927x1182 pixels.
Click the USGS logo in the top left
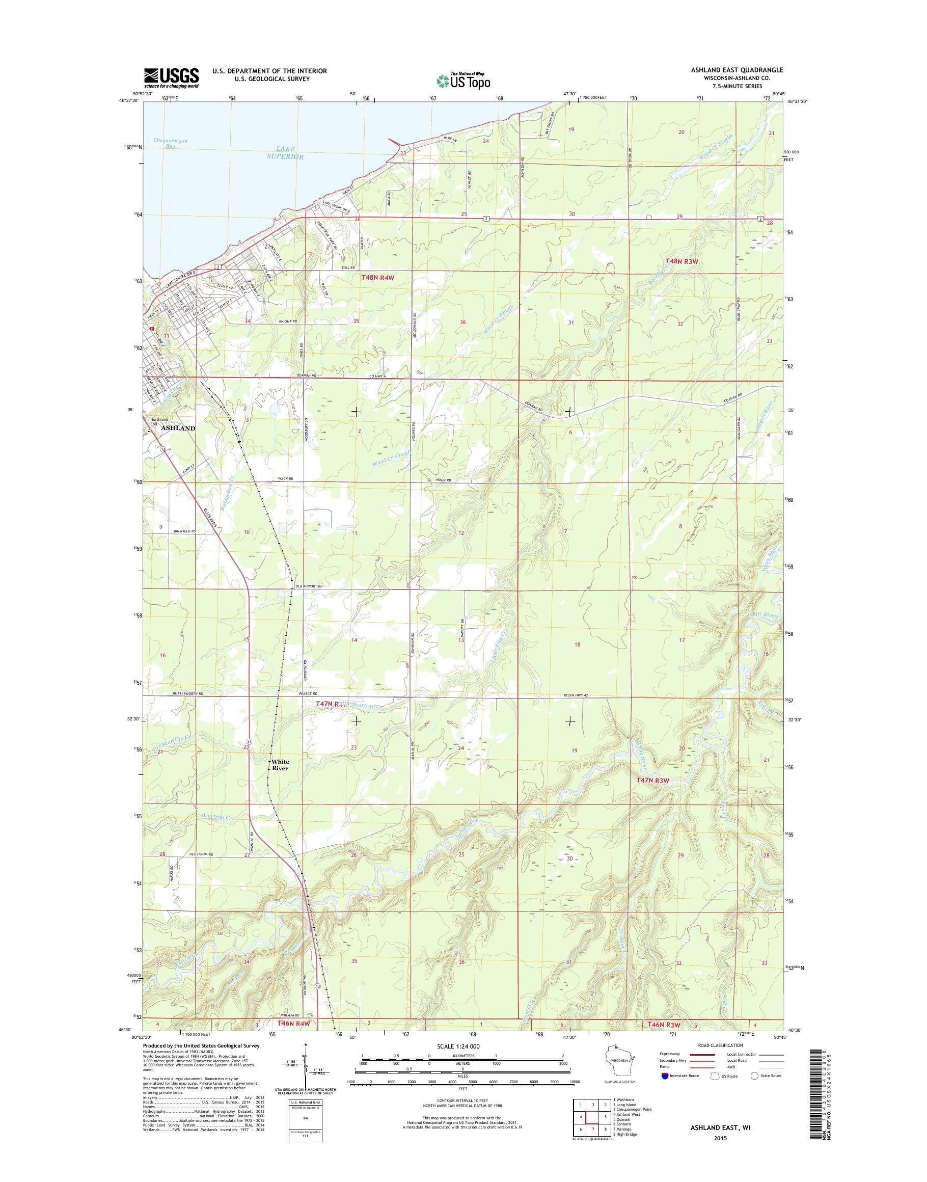171,77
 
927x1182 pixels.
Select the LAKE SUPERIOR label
284,152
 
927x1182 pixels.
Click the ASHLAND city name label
177,428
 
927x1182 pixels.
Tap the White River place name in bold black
281,765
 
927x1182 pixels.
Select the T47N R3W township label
651,780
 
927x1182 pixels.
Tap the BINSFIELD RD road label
184,530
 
